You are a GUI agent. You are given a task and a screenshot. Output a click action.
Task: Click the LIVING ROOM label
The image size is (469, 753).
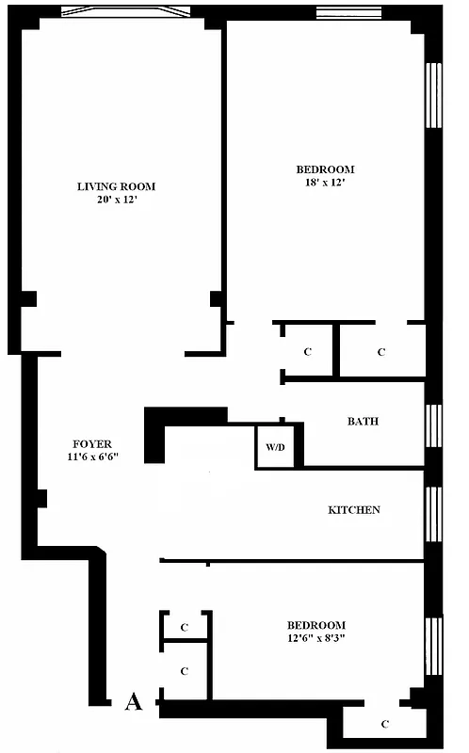[x=116, y=186]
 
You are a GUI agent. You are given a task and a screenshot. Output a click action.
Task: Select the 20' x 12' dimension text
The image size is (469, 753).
[x=116, y=200]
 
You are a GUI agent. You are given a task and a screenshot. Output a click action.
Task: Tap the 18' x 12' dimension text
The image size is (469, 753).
[x=326, y=184]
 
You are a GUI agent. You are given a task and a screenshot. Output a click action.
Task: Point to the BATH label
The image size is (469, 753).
[x=363, y=422]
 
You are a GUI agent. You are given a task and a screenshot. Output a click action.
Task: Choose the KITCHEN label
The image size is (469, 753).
[x=354, y=510]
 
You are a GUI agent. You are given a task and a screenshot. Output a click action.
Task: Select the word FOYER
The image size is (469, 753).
[x=92, y=444]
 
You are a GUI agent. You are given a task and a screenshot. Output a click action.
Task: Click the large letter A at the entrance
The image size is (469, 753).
[x=134, y=701]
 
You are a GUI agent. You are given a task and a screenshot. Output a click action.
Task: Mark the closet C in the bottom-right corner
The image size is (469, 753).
[x=385, y=724]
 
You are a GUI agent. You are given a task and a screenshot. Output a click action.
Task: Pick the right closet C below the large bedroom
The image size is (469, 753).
[x=381, y=352]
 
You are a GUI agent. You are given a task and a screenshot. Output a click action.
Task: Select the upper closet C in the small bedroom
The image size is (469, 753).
[x=185, y=626]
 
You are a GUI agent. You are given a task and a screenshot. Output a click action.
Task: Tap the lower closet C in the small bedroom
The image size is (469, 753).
[x=185, y=671]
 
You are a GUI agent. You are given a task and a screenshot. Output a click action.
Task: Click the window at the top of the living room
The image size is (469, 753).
[x=125, y=12]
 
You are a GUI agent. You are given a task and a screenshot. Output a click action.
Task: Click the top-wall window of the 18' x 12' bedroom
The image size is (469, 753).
[x=348, y=12]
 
